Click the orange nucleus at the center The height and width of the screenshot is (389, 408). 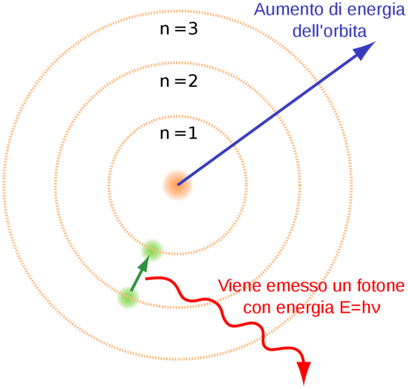point(178,184)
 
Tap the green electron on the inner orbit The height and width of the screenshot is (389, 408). point(151,250)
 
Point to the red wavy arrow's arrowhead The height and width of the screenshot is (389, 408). point(304,374)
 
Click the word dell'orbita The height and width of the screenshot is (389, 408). point(329,32)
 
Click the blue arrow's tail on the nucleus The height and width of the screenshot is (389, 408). point(180,182)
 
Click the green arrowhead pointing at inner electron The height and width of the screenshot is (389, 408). point(145,263)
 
